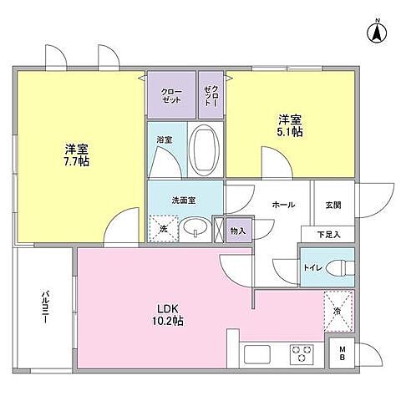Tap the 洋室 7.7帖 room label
tap(76, 155)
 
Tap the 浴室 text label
tap(164, 141)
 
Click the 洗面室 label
tap(184, 200)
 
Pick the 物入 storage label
tap(238, 229)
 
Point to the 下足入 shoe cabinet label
tap(332, 235)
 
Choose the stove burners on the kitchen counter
tap(300, 354)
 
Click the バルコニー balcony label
tap(40, 308)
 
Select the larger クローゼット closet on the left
tap(171, 94)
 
